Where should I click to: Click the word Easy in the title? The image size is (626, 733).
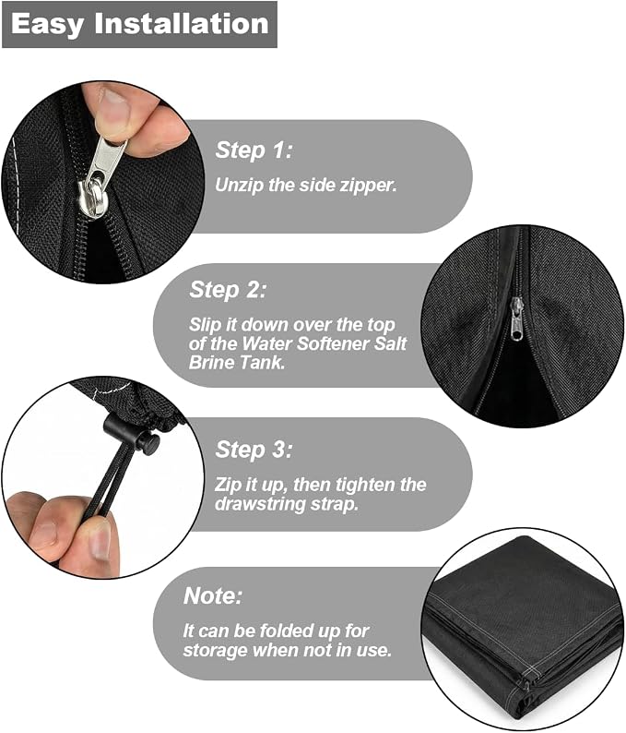(47, 24)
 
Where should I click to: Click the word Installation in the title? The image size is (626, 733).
(182, 23)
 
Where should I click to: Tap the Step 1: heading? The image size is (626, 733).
(254, 150)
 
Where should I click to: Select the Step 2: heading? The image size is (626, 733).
(228, 290)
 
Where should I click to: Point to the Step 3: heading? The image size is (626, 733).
(254, 450)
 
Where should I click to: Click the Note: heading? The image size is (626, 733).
(213, 595)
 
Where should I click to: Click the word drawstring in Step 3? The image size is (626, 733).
(261, 504)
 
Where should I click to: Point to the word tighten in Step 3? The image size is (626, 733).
(359, 485)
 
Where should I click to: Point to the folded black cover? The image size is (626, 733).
(524, 629)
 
